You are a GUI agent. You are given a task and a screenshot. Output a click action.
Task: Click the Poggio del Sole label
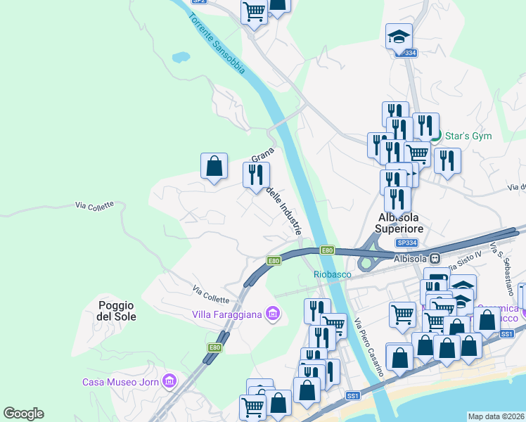(x=117, y=311)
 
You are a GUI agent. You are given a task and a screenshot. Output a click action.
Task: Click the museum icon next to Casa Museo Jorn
(x=169, y=382)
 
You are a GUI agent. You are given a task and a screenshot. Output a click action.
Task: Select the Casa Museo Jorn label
(x=120, y=382)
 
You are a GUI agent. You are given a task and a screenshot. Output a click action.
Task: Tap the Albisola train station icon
(x=435, y=259)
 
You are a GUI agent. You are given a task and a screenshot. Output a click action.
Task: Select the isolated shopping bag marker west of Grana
(x=214, y=167)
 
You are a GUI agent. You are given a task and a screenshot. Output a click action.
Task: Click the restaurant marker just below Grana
(x=256, y=174)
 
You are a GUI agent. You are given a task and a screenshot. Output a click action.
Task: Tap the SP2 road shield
(x=199, y=1)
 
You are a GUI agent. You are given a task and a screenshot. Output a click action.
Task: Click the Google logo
(x=23, y=414)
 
